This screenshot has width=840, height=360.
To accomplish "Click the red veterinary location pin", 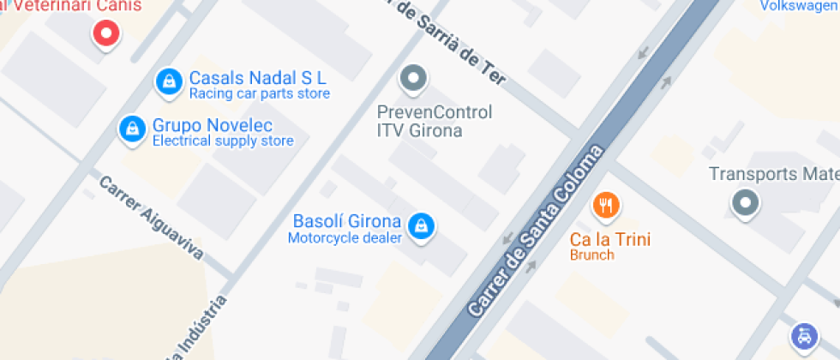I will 106,35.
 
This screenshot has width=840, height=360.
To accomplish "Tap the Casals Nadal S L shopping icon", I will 170,81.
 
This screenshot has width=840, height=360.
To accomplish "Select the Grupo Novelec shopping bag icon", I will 132,129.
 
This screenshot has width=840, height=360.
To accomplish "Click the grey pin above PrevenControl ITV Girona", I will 414,80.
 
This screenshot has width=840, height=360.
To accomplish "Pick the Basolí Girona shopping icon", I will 421,226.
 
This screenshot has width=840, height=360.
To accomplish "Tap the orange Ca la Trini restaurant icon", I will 607,205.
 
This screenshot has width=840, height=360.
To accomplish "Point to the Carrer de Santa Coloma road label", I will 536,230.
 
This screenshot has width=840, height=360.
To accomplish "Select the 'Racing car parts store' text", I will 259,93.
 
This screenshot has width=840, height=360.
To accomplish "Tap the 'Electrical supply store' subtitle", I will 222,141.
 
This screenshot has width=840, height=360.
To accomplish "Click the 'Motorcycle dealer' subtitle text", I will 345,237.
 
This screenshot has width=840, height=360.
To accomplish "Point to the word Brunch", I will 592,255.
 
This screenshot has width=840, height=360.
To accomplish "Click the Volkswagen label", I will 800,6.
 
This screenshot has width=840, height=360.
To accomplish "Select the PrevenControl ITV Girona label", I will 435,121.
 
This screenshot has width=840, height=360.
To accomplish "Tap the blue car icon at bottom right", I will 804,335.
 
